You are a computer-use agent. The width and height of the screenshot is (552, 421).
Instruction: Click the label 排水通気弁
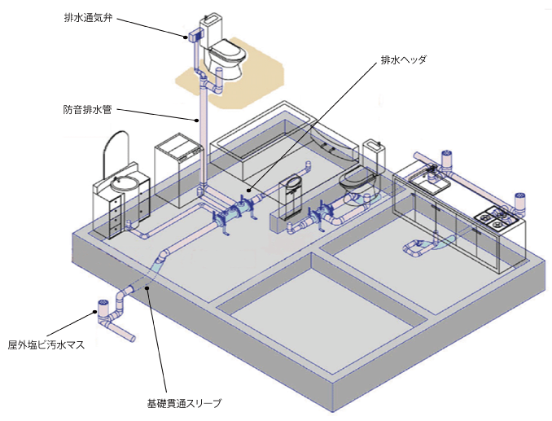88,16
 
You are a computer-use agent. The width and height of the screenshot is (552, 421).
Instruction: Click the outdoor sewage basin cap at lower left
104,307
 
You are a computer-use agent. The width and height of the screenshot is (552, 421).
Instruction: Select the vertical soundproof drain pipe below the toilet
200,138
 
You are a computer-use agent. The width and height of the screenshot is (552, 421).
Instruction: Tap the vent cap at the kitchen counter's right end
519,198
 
